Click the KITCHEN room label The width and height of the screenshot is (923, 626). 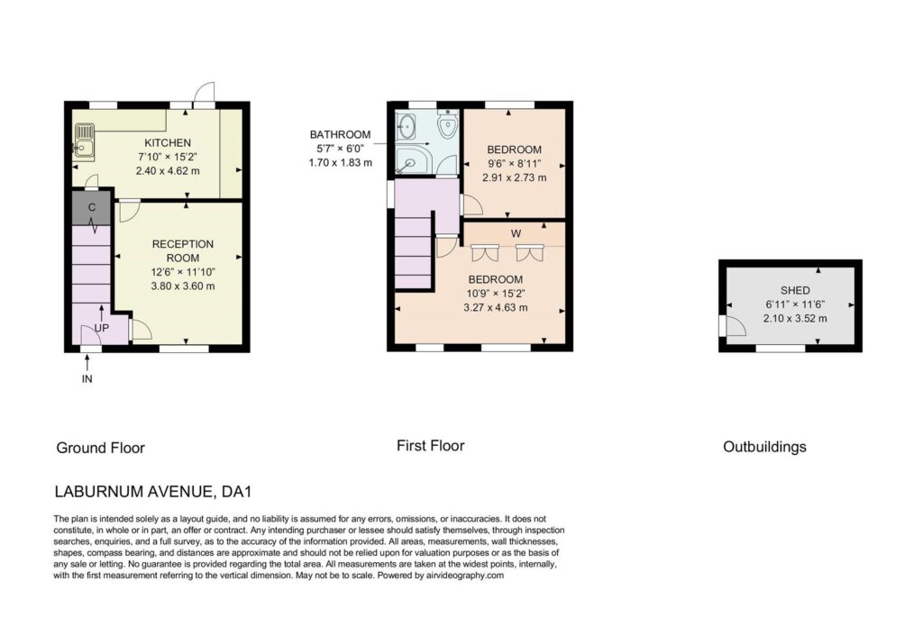(168, 142)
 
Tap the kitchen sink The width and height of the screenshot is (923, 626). (84, 141)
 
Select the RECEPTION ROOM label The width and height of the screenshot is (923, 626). (182, 250)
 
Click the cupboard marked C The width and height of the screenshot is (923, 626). (91, 207)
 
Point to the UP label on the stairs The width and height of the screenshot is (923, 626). (101, 328)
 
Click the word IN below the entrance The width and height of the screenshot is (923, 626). (87, 379)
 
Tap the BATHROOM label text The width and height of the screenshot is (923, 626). (340, 135)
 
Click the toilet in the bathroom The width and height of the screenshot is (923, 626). (449, 123)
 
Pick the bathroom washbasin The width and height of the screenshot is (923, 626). (407, 125)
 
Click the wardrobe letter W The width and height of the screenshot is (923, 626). (516, 233)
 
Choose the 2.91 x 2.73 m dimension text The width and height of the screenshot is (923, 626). (514, 177)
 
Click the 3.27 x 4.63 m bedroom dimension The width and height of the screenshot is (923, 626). (496, 307)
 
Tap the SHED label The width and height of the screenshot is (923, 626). (795, 290)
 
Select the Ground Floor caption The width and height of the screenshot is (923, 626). (101, 448)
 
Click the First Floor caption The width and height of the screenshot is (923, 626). (430, 446)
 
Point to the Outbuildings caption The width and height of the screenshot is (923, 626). (764, 447)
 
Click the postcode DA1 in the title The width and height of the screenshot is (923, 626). (237, 491)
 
